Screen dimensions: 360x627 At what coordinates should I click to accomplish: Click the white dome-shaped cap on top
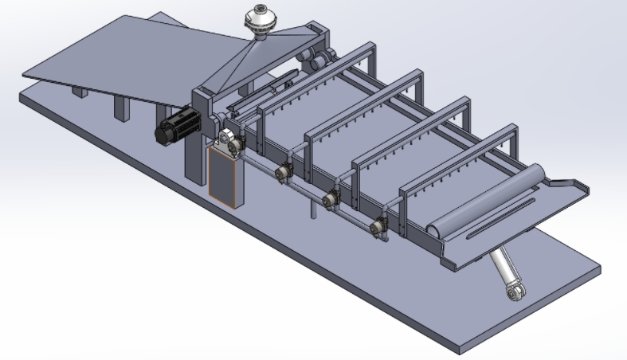(x=261, y=18)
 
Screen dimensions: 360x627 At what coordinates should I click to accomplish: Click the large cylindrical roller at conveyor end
(x=488, y=199)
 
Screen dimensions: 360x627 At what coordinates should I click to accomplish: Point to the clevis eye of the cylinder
(x=515, y=294)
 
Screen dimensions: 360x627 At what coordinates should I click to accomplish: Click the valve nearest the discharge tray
(x=378, y=227)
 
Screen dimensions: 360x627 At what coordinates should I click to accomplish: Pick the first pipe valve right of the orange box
(x=282, y=172)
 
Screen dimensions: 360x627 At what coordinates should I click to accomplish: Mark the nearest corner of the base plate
(x=460, y=350)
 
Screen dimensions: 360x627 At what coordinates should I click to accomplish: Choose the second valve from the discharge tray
(x=330, y=199)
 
